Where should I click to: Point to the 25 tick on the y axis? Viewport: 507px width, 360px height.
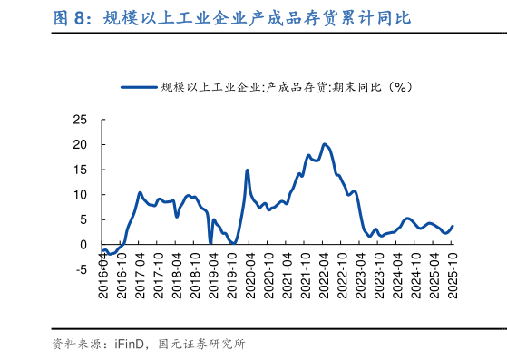click(x=80, y=120)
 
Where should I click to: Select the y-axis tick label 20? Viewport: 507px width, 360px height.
click(x=80, y=144)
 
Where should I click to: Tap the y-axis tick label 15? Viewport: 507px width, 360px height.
click(x=80, y=170)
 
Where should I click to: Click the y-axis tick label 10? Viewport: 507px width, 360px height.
click(x=80, y=194)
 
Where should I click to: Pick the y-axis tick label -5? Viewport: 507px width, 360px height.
click(x=82, y=269)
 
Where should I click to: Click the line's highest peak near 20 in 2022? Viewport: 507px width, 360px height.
click(x=325, y=144)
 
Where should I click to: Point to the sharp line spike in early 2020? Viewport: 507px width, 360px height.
click(x=247, y=170)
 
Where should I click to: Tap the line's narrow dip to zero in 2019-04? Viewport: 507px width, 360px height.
click(x=210, y=243)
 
